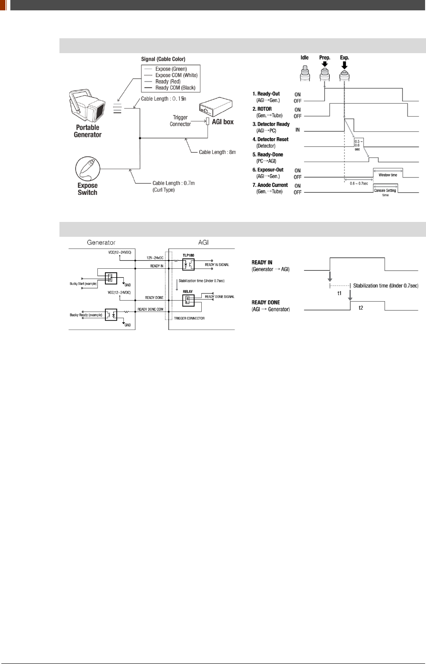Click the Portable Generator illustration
click(x=87, y=106)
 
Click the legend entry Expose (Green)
click(x=171, y=69)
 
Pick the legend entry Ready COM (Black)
click(x=175, y=88)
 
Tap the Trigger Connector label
click(x=180, y=121)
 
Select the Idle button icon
click(x=305, y=72)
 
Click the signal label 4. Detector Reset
click(x=270, y=140)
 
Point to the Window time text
click(x=388, y=175)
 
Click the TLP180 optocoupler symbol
click(x=188, y=265)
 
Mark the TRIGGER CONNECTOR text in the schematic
click(x=189, y=318)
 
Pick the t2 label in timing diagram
click(x=361, y=308)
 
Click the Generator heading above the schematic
click(x=101, y=242)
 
